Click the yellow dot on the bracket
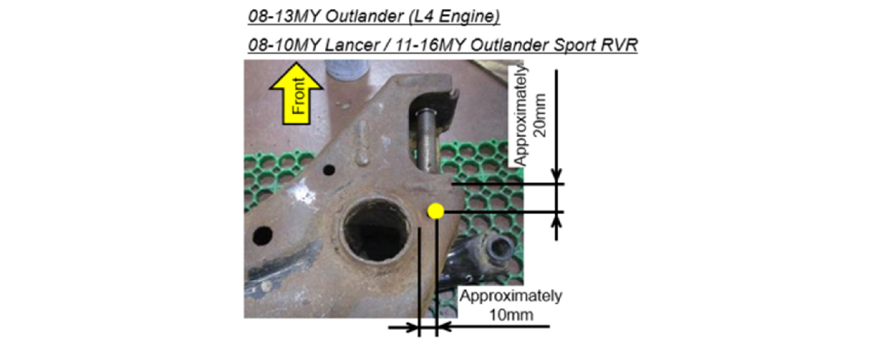pos(435,211)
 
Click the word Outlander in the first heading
pos(364,16)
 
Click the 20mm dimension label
pos(540,115)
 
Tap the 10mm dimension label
pos(510,315)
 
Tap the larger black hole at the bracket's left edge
pos(263,235)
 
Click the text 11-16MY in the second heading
pos(430,45)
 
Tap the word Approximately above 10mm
pos(510,296)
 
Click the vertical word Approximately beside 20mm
pos(521,116)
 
